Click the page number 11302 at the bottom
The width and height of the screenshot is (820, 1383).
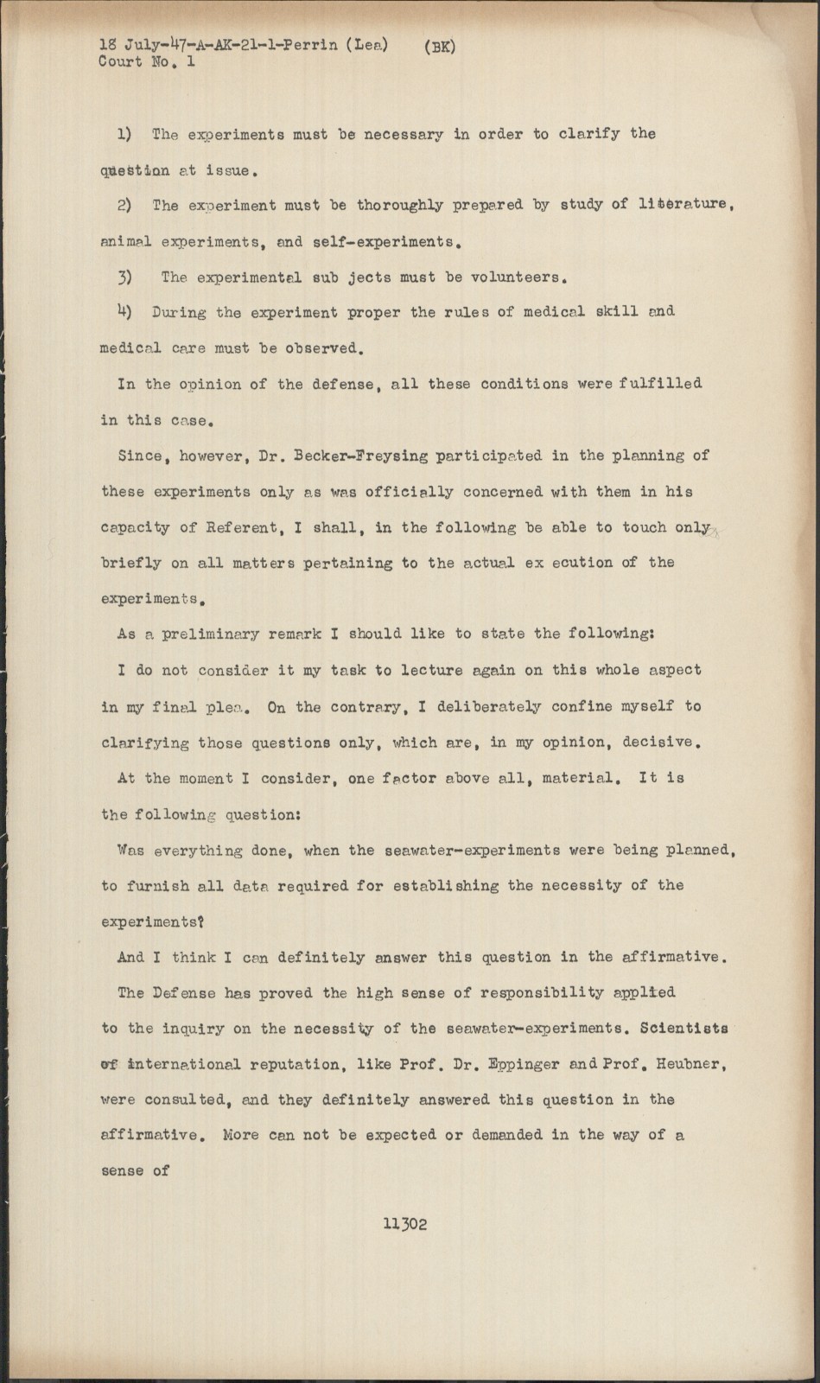tap(405, 1224)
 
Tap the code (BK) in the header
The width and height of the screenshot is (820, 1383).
tap(440, 48)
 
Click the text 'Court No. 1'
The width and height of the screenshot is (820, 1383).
tap(146, 62)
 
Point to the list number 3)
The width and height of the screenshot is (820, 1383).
tap(125, 277)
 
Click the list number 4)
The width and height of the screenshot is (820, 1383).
tap(125, 312)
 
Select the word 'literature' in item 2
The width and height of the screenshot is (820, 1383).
tap(685, 206)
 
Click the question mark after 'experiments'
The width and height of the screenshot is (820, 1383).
tap(200, 921)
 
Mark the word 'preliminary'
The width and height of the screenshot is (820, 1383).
tap(214, 634)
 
